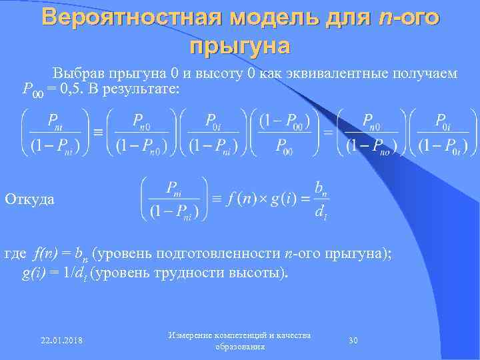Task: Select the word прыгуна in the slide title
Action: coord(240,46)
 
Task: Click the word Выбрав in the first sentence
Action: coord(75,73)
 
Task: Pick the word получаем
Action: coord(426,73)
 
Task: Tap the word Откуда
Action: coord(30,199)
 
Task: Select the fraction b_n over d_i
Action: coord(321,199)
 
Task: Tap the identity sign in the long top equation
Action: coord(98,133)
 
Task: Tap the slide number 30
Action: coord(354,340)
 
